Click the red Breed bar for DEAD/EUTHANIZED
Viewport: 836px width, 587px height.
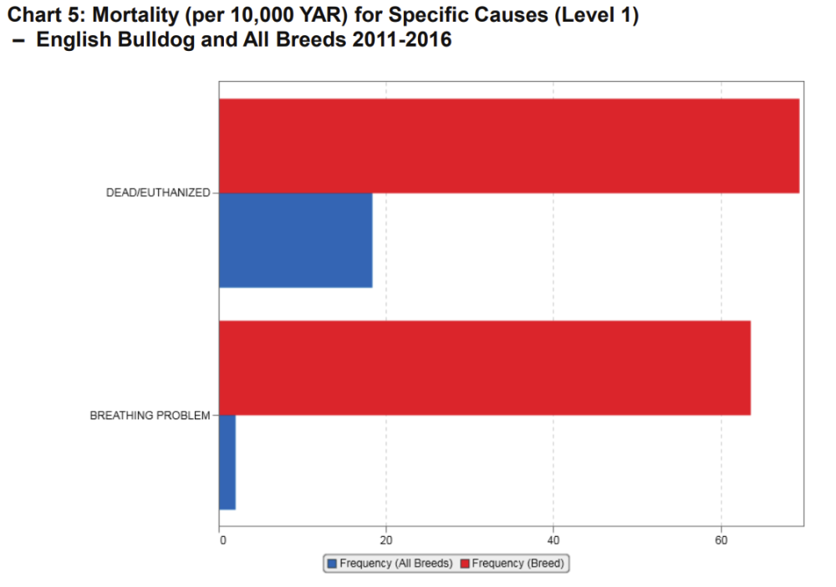[508, 146]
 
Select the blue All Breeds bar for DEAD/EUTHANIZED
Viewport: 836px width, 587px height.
[295, 240]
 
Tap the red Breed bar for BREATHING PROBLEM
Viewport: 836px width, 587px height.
[484, 367]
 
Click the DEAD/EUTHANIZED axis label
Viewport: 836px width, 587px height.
[158, 193]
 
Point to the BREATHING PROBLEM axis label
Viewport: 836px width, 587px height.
[150, 415]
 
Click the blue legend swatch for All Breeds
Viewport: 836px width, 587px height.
[332, 564]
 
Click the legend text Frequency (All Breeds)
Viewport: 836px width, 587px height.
[395, 564]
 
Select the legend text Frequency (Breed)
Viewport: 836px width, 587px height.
[518, 564]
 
